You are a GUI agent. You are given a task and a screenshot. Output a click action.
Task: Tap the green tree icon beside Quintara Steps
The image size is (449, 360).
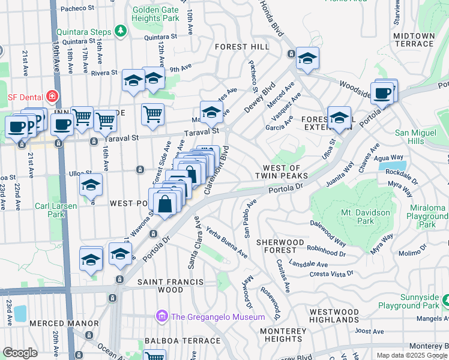[121, 30]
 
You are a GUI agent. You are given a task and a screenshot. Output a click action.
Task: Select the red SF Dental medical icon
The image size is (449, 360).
[52, 96]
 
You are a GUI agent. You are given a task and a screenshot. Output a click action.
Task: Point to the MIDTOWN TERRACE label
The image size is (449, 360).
[414, 40]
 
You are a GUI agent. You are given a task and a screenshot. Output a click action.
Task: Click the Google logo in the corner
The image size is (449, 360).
[20, 353]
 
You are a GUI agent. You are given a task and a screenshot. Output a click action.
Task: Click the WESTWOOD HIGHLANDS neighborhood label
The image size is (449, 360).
[334, 316]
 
